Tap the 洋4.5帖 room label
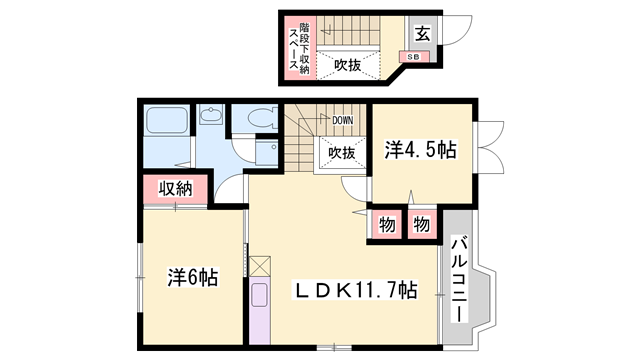tap(421, 151)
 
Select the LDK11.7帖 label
tap(355, 291)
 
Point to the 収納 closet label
tap(175, 187)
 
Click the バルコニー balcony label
tap(460, 278)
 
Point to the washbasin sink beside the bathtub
tap(210, 117)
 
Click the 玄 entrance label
tap(422, 33)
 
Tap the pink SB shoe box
tap(413, 57)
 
